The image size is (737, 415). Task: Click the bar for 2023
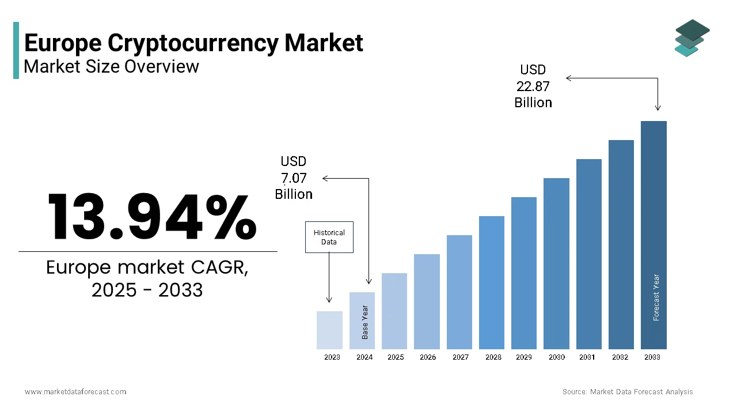329,330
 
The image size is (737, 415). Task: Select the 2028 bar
491,282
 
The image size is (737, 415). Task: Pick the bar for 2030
556,263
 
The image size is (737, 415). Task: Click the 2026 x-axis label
428,357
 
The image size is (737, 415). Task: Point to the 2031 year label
587,357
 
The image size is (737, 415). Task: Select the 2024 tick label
364,357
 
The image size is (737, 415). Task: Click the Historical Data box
329,237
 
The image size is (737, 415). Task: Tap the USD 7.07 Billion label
294,178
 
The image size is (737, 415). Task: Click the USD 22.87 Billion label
533,86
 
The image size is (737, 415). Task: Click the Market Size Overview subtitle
111,66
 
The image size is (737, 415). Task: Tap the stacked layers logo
692,37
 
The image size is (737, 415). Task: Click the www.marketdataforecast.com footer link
75,392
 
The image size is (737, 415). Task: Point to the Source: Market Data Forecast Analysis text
628,392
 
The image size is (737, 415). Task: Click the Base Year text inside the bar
364,322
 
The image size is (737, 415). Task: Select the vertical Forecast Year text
656,297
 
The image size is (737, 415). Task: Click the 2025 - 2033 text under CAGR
147,290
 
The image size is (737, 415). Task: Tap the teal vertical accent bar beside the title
16,51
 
